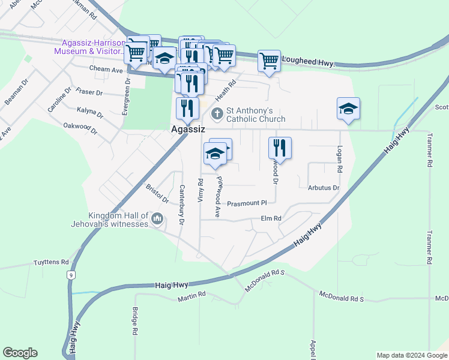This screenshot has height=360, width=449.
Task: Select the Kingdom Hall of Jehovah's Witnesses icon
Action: coord(157,218)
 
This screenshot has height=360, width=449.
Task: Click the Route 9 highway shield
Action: coord(70,275)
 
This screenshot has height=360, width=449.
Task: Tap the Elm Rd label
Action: coord(271,219)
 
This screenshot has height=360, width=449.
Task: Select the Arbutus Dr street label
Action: coord(324,188)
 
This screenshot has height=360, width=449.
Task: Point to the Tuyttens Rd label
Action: coord(52,262)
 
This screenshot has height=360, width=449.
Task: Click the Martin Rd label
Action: coord(192,294)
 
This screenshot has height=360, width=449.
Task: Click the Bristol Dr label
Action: coord(157,194)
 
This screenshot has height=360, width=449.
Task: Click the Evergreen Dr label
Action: coord(127,94)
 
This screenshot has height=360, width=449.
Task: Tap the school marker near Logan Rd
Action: coord(348,109)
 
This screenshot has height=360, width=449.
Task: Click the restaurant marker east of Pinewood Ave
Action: coord(280,148)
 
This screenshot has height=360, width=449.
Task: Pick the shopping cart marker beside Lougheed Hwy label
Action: coord(269,61)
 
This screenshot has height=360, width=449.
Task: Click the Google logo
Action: coord(20,353)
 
